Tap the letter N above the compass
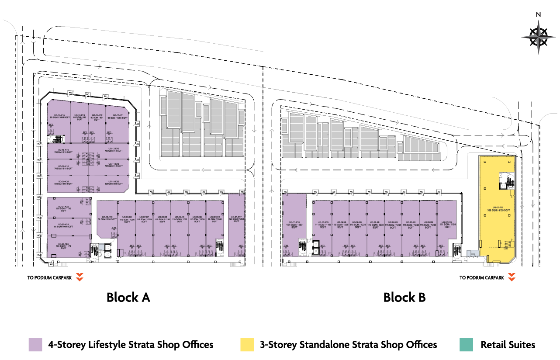point(539,14)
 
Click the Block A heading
point(128,298)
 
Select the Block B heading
point(404,298)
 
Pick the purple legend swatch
point(35,344)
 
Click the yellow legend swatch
point(247,344)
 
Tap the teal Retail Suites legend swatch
point(466,344)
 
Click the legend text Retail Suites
point(508,345)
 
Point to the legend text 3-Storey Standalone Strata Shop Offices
point(348,345)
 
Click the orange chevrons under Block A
point(80,277)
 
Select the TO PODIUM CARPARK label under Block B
point(481,278)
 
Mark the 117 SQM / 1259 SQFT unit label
point(144,220)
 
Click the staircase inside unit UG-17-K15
point(55,139)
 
